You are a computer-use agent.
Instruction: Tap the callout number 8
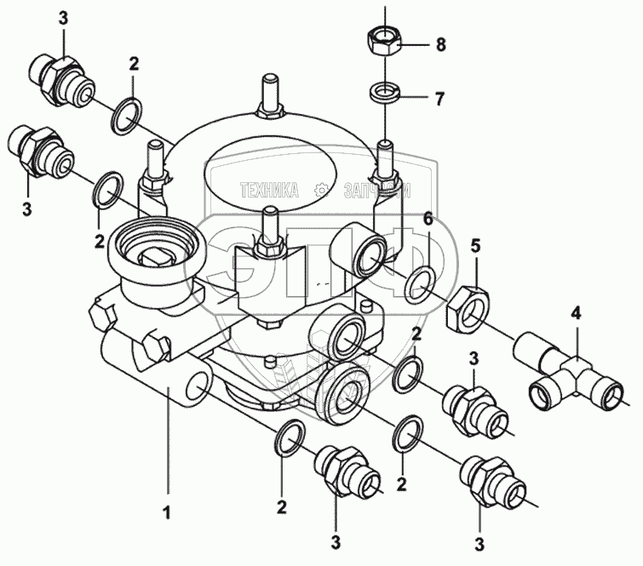[x=440, y=43]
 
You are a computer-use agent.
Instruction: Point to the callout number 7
[x=439, y=100]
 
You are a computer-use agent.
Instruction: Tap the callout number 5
[x=476, y=247]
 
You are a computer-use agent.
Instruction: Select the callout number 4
[x=577, y=313]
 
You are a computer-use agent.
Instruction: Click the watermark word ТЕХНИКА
[x=270, y=192]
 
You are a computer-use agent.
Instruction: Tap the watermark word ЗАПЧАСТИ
[x=375, y=192]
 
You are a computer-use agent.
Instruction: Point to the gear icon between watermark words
[x=323, y=191]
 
